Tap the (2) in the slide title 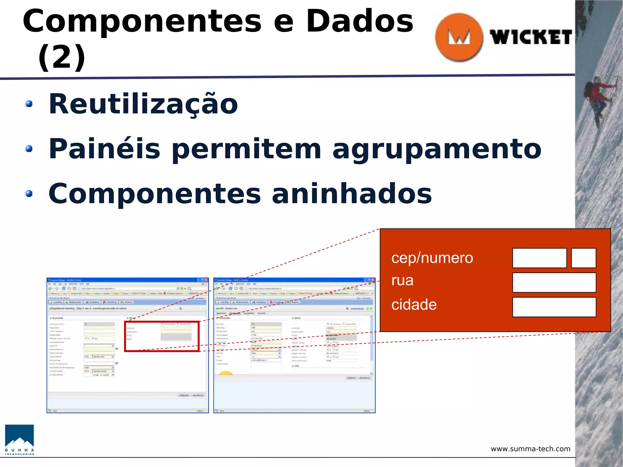pos(61,57)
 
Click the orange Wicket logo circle pos(459,37)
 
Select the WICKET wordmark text pos(531,37)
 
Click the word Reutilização pos(143,104)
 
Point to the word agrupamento pos(437,149)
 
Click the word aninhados pos(352,194)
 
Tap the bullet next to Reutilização pos(29,104)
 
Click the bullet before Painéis pos(29,149)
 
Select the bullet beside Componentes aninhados pos(29,194)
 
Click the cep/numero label pos(432,258)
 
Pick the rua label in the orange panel pos(402,280)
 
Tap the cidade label pos(414,305)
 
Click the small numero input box pos(583,258)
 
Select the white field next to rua pos(554,282)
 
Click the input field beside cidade pos(554,307)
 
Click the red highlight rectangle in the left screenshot pos(162,336)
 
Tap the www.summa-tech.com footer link pos(530,449)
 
